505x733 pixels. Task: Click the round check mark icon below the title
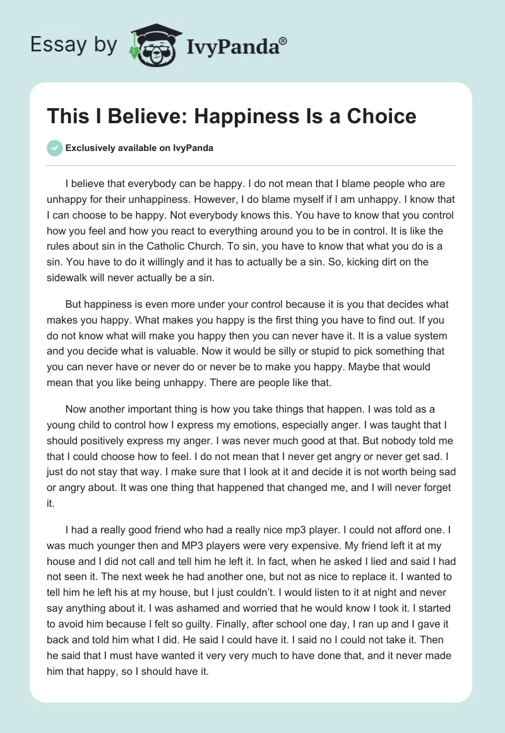click(54, 148)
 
